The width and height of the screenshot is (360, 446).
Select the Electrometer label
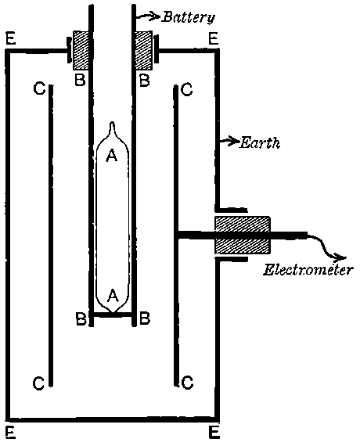[308, 272]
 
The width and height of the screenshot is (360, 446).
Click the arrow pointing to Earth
[229, 142]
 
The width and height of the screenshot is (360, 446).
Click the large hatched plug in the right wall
[242, 235]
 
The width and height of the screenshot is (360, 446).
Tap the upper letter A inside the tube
[111, 156]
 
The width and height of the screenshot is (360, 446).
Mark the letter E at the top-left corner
[9, 38]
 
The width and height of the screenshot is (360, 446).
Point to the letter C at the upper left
[38, 89]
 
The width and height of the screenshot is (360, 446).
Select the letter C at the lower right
[186, 383]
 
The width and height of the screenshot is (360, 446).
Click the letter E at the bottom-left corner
[9, 430]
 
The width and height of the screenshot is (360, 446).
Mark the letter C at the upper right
[186, 89]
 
